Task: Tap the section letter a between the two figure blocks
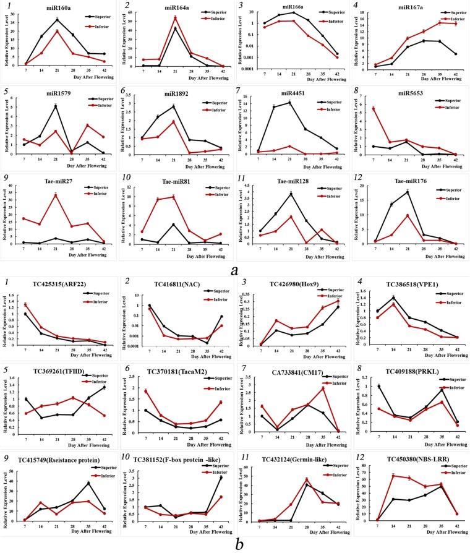point(231,270)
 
